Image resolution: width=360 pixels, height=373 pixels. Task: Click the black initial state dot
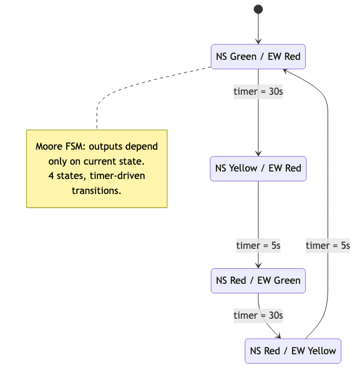coord(258,9)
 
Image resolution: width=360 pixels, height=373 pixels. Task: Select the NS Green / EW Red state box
coord(258,57)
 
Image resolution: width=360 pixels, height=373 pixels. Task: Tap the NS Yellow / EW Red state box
coord(258,168)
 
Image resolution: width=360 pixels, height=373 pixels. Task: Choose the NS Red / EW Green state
coord(258,281)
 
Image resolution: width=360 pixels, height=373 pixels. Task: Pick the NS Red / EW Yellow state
coord(293,351)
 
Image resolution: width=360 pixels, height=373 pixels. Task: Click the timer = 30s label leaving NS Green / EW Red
coord(258,92)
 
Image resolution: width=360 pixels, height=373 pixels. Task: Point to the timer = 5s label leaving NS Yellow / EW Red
coord(258,246)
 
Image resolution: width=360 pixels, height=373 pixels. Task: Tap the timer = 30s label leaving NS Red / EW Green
coord(258,316)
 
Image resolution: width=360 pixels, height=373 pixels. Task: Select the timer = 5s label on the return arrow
coord(328,246)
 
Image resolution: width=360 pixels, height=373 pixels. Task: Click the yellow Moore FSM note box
coord(97,168)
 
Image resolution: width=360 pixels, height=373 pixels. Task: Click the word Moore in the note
coord(49,146)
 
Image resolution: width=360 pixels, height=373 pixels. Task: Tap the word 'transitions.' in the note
coord(97,191)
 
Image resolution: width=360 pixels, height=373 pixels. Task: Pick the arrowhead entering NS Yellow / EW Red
coord(258,152)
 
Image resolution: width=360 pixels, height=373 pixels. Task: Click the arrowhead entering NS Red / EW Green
coord(258,264)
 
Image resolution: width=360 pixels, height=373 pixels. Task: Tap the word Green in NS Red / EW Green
coord(286,281)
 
